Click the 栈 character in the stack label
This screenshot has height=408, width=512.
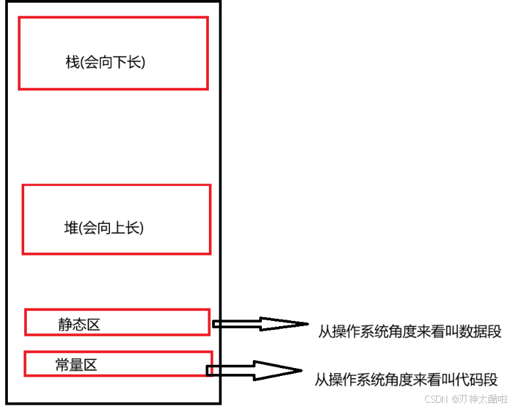72,62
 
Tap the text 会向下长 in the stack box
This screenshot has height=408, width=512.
114,62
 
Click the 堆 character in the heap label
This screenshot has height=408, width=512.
71,229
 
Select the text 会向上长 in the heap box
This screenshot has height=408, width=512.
113,229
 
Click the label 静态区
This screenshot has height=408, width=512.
79,324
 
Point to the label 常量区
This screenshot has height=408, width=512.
76,365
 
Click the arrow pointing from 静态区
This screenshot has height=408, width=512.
259,324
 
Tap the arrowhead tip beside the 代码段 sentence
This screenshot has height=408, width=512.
302,370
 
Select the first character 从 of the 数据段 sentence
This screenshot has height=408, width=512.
325,332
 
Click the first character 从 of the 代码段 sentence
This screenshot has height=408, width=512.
321,379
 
